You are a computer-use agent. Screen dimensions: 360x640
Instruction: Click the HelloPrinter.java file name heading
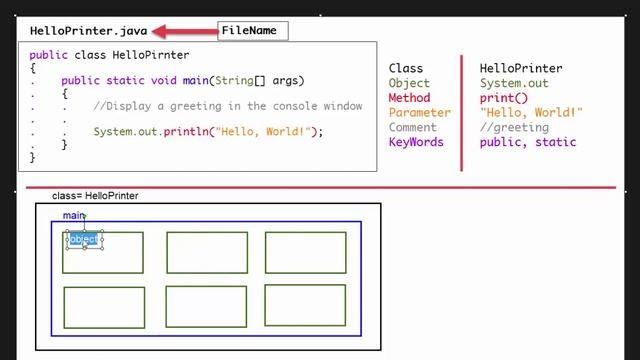[88, 31]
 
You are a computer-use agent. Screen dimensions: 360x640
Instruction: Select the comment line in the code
[227, 106]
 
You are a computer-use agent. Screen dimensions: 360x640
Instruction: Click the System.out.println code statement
[208, 131]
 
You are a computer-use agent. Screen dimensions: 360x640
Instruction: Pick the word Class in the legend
[406, 69]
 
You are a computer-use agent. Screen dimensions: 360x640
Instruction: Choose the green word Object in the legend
[409, 84]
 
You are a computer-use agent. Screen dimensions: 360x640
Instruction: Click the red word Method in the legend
[409, 98]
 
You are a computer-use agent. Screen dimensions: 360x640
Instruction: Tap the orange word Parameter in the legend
[419, 113]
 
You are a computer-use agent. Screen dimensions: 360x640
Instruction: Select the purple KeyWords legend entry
[416, 142]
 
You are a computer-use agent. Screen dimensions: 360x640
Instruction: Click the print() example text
[503, 98]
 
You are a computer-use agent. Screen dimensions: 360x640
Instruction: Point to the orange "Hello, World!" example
[530, 113]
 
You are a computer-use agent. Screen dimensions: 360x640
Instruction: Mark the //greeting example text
[514, 127]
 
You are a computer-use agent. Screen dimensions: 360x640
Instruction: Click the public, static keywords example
[528, 142]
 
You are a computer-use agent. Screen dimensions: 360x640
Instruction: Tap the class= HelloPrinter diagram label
[95, 196]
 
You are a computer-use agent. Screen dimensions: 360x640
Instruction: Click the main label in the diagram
[73, 215]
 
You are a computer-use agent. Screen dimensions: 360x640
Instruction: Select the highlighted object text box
[84, 239]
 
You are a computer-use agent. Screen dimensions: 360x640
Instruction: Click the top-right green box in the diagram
[305, 252]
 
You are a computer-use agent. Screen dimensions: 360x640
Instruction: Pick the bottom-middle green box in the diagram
[206, 306]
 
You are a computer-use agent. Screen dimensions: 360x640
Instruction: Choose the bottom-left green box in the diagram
[103, 307]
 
